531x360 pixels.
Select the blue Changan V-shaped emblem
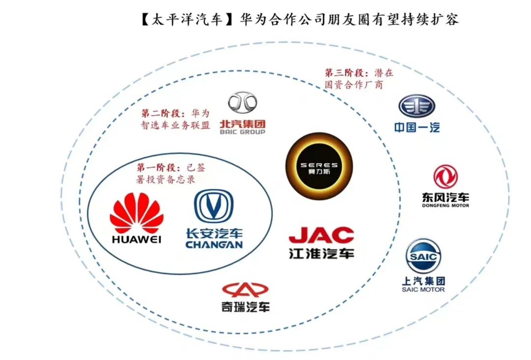point(214,206)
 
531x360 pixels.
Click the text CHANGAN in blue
point(214,244)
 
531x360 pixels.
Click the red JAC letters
point(321,235)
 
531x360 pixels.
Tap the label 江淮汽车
point(321,254)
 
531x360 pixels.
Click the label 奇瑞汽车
point(245,307)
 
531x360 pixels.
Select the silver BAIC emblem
point(242,102)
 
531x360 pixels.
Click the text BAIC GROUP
point(242,132)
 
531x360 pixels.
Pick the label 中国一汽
point(416,127)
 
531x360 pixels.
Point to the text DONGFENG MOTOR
point(445,205)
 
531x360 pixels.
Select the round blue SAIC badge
point(423,256)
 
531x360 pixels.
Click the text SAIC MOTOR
point(423,290)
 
